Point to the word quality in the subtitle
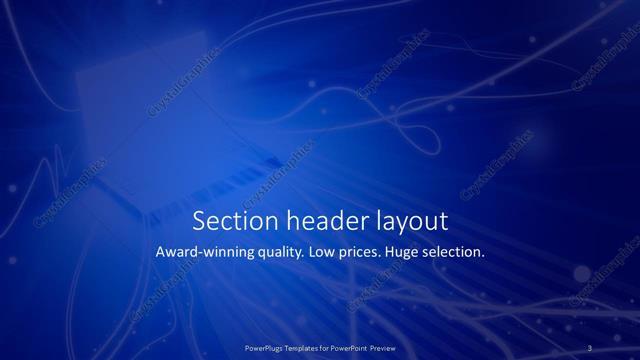coord(280,253)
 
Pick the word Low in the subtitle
coord(326,253)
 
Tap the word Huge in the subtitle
coord(412,253)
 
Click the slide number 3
coord(590,347)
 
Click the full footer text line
coord(321,347)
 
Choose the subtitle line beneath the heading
coord(320,253)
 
